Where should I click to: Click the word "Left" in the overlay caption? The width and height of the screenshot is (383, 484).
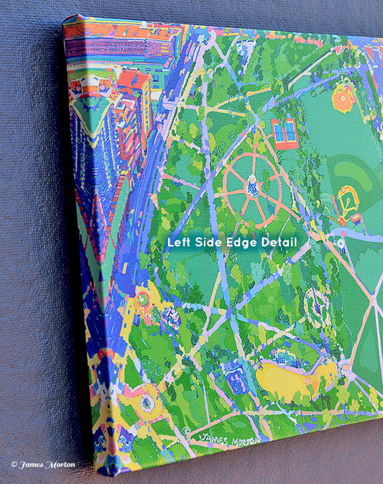179,243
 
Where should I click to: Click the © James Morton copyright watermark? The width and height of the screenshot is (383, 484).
42,464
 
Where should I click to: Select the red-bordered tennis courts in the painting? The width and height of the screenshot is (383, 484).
285,133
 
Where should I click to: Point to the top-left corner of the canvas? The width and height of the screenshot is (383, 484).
65,18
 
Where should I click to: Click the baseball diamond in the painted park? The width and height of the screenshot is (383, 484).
349,203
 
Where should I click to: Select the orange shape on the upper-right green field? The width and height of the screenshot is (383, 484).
343,98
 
